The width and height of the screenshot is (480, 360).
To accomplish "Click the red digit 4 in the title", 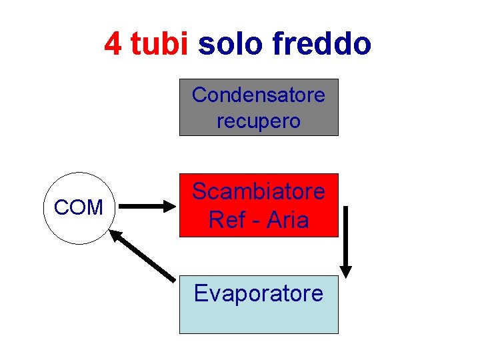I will (113, 44).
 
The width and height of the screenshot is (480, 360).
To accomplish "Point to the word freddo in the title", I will (321, 44).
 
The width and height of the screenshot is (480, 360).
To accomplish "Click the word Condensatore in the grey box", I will (259, 95).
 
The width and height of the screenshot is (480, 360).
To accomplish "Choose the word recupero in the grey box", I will (259, 121).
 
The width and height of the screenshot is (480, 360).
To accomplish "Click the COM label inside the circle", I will (79, 207).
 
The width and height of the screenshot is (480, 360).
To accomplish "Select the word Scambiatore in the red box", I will (259, 192).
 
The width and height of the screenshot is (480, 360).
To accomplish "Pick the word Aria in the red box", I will (287, 219).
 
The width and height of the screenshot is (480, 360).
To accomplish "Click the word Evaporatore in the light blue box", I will (259, 293).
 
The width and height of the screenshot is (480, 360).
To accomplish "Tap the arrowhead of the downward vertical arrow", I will (346, 269).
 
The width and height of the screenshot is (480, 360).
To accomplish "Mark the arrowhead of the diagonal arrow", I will (117, 236).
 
